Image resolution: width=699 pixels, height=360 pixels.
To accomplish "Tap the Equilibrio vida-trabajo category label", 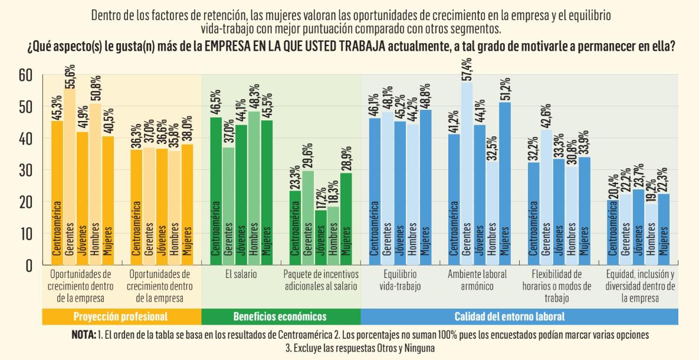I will pos(399,280).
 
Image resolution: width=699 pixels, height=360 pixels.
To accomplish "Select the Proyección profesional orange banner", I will pos(121,316).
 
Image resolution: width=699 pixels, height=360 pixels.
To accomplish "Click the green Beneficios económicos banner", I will pos(280,316).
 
